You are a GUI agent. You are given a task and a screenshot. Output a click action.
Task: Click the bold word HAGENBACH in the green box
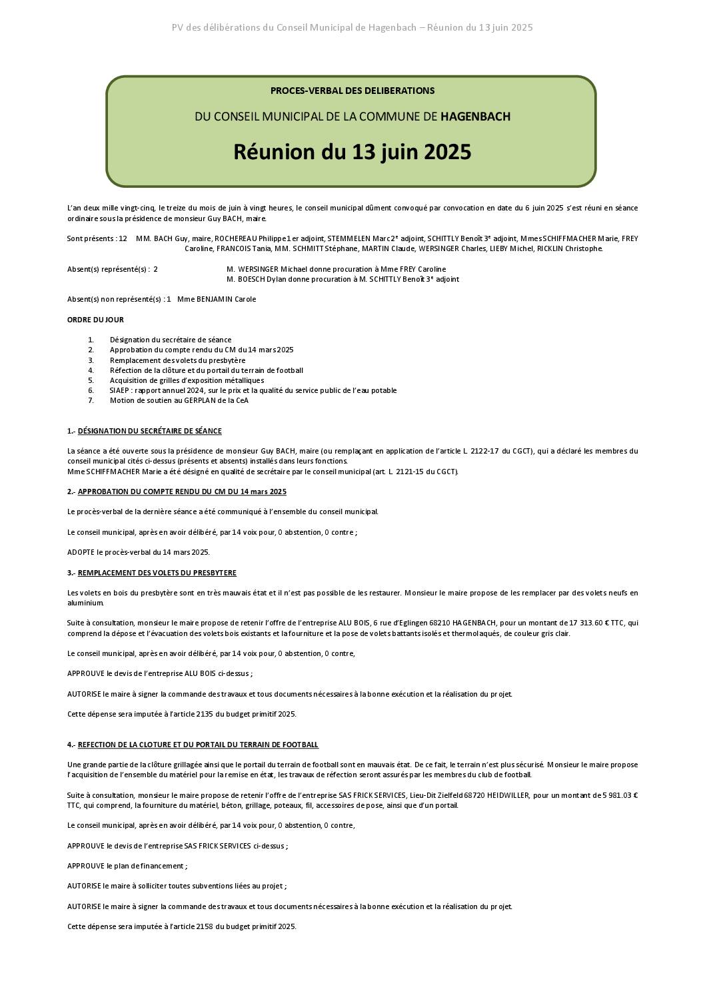(x=475, y=117)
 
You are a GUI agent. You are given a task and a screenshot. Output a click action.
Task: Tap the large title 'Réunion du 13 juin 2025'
(x=352, y=152)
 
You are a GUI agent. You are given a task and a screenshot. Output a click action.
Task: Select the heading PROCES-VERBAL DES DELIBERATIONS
(x=352, y=91)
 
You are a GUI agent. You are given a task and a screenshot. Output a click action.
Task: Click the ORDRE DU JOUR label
(x=95, y=320)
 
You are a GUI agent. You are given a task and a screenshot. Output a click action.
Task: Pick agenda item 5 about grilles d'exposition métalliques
(x=187, y=380)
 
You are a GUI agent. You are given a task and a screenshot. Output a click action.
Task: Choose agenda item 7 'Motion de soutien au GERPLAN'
(x=179, y=400)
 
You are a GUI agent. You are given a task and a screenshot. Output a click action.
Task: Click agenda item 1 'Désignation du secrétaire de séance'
(x=171, y=340)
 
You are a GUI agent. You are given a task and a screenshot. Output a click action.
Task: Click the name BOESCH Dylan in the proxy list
(x=261, y=279)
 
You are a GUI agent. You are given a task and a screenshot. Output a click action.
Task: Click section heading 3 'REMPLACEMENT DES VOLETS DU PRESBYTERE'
(x=157, y=573)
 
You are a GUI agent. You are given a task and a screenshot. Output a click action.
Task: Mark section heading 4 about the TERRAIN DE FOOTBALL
(x=198, y=745)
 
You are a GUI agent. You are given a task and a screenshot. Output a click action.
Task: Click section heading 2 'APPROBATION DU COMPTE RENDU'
(x=182, y=492)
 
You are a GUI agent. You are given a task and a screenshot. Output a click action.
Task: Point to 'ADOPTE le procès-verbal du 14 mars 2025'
(x=139, y=552)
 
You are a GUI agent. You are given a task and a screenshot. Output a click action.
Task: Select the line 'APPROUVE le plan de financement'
(x=127, y=866)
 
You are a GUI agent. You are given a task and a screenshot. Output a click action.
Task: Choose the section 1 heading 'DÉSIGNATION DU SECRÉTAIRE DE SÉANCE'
(x=150, y=431)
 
